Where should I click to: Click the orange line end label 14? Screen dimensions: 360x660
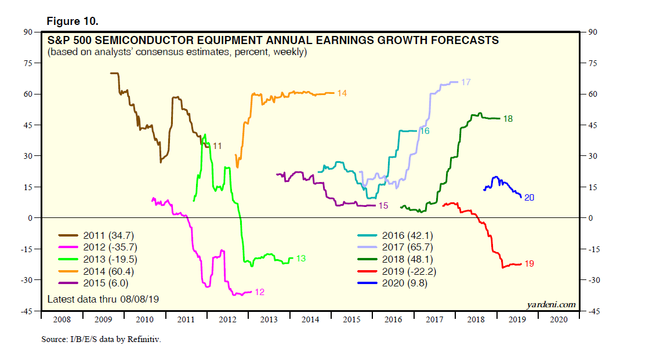coord(342,93)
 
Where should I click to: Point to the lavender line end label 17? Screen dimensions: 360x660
coord(465,82)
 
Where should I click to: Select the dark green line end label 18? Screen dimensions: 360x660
coord(507,119)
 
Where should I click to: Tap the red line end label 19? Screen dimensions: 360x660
coord(528,264)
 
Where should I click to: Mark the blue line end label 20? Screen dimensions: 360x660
coord(529,198)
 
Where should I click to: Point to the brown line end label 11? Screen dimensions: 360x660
coord(217,146)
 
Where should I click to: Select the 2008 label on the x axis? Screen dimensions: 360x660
coord(61,319)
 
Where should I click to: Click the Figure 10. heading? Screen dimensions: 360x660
coord(72,21)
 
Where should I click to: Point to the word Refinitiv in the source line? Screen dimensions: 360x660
coord(142,339)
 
